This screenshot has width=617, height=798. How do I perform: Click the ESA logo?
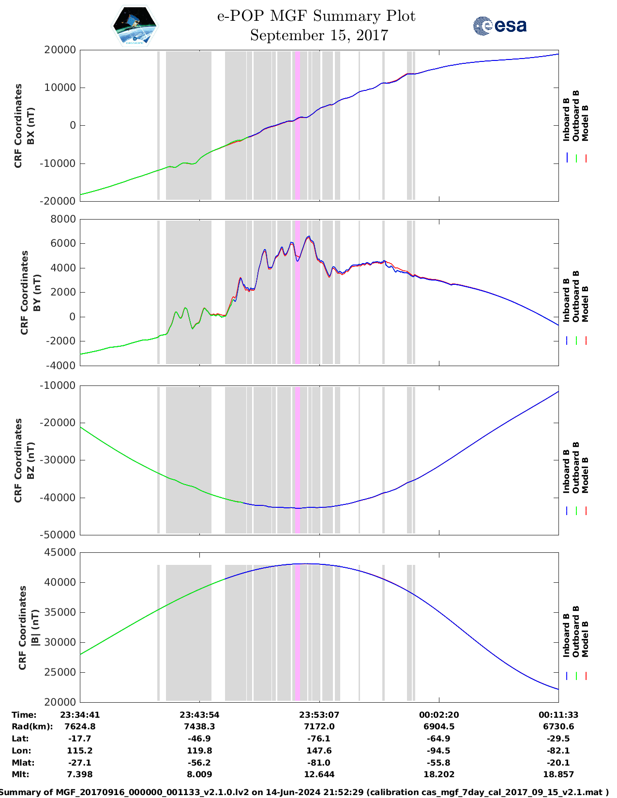[499, 26]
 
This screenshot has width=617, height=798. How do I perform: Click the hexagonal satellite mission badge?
[135, 26]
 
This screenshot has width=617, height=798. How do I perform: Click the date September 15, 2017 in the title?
[319, 35]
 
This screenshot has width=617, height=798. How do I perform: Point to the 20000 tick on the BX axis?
[60, 50]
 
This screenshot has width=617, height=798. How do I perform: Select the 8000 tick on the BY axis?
[63, 219]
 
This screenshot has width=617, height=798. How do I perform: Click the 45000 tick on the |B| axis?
[60, 552]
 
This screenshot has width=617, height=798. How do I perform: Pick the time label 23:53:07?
[319, 715]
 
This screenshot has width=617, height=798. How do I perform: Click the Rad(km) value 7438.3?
[199, 726]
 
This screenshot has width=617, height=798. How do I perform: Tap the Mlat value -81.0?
[319, 763]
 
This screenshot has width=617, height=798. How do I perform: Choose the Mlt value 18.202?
[439, 774]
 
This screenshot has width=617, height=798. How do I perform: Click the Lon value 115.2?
[80, 751]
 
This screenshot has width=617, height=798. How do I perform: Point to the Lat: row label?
[20, 739]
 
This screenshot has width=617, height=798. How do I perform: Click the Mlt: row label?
[20, 774]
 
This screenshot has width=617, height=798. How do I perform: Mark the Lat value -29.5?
[558, 739]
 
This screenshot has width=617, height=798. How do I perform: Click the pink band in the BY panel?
[297, 292]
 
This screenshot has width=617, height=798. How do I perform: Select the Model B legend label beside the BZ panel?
[585, 475]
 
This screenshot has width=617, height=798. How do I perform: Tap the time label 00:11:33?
[558, 715]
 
